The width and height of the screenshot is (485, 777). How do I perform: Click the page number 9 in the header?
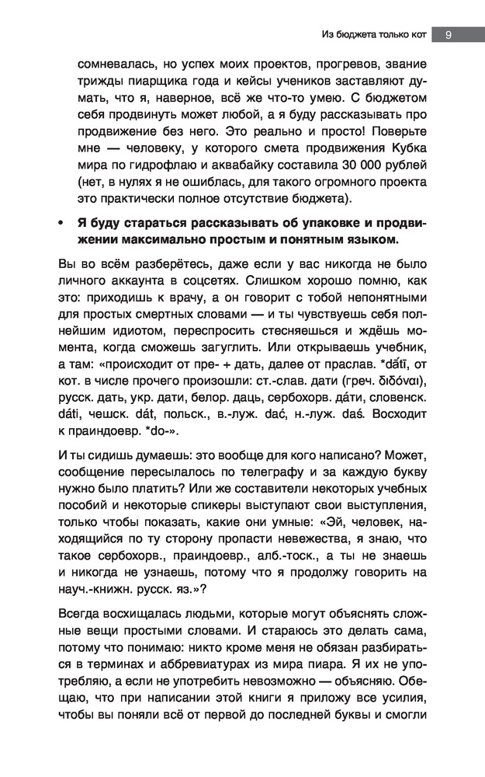[x=449, y=34]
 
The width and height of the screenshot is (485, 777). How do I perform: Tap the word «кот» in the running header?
[x=412, y=34]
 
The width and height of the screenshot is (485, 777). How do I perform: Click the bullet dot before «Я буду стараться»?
[x=58, y=223]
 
